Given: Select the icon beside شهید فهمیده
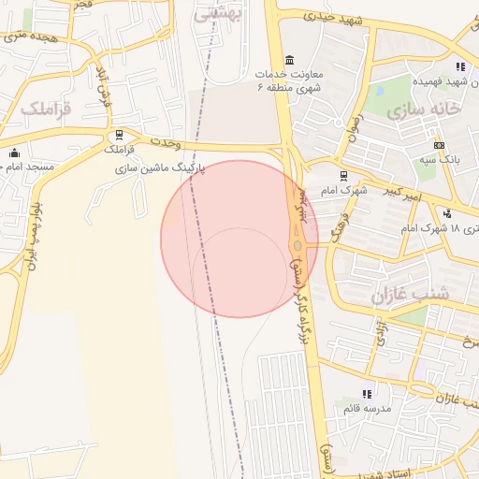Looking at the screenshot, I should (459, 66).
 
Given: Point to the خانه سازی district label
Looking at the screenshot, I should (423, 110).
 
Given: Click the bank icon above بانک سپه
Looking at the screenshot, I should (439, 145).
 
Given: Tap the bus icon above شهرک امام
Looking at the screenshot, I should (343, 175).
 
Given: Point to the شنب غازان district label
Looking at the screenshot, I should (410, 294).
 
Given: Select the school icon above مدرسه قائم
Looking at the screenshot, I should (366, 394).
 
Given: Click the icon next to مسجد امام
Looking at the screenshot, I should (14, 152).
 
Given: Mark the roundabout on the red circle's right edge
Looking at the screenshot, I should (298, 245).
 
